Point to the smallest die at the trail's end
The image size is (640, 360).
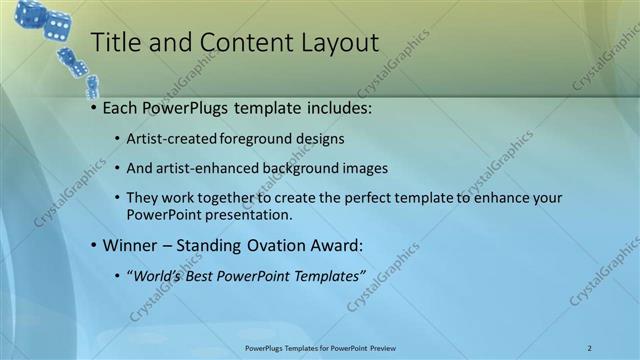[92, 86]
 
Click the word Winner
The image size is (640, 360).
[130, 245]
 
